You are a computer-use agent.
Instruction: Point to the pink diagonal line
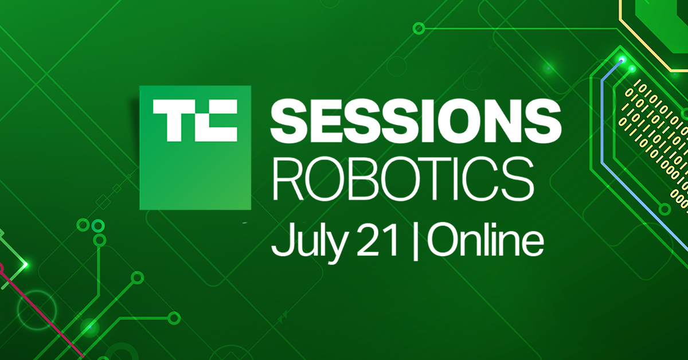(x=34, y=310)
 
